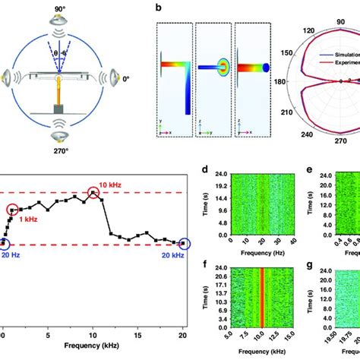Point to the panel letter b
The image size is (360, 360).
(156, 7)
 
